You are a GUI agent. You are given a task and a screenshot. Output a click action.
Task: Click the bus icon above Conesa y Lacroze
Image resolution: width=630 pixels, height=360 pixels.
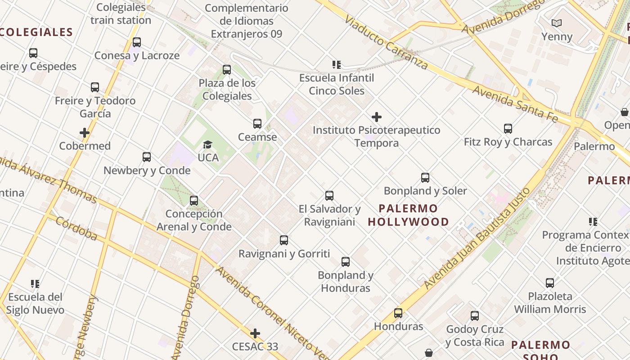coord(137,42)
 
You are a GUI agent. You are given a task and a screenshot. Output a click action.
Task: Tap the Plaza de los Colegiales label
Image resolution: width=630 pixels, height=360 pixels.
coord(227,90)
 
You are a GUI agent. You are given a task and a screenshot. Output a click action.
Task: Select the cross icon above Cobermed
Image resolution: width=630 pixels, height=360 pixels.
coord(85,133)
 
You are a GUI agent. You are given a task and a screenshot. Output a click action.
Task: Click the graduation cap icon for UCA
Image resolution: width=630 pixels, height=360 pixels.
coord(207,144)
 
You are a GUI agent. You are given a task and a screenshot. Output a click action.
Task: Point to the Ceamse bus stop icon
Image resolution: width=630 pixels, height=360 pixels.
coord(257,124)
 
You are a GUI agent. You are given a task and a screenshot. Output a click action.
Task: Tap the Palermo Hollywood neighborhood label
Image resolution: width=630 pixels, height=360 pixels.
coord(408,215)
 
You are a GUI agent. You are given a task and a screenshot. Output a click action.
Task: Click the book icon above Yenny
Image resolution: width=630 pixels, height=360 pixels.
coord(557,23)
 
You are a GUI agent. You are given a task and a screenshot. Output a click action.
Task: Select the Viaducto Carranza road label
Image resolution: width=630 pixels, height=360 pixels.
coord(386,43)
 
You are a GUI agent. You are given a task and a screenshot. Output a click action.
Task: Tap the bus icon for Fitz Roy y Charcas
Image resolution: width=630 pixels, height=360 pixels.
coord(508,129)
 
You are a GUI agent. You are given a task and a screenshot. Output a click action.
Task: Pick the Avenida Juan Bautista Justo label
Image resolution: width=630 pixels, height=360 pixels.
coord(477,238)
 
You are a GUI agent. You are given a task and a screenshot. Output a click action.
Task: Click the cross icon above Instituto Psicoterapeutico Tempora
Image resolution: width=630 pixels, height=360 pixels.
coord(377,117)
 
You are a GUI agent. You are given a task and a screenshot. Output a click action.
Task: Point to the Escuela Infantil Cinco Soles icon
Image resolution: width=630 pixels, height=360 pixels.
coord(337,65)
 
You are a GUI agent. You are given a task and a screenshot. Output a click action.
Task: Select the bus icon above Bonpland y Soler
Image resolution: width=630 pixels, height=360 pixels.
coord(425,178)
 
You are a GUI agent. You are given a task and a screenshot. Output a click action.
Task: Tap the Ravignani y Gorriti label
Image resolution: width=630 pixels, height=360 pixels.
coord(284,254)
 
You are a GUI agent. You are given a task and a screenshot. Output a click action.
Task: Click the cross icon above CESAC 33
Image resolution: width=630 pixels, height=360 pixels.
coord(255,333)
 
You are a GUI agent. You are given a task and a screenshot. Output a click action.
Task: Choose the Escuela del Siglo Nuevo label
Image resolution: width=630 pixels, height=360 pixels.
coord(36,303)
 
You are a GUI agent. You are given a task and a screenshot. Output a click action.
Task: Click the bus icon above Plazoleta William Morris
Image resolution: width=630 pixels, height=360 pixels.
coord(550,283)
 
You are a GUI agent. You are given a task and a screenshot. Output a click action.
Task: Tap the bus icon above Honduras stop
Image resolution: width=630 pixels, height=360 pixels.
coord(398,313)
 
